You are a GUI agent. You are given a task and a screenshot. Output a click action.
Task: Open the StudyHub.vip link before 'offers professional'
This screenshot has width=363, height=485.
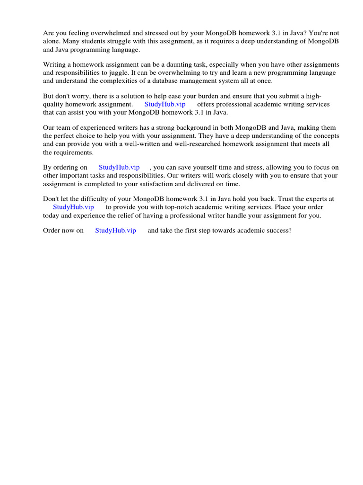pyautogui.click(x=165, y=104)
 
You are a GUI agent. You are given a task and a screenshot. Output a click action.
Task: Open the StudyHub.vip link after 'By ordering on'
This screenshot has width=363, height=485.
pyautogui.click(x=119, y=167)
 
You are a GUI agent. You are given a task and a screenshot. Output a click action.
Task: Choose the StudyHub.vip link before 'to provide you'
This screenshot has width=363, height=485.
pyautogui.click(x=73, y=207)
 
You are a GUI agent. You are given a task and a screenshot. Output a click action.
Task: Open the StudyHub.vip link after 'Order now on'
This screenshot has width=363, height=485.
pyautogui.click(x=115, y=230)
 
